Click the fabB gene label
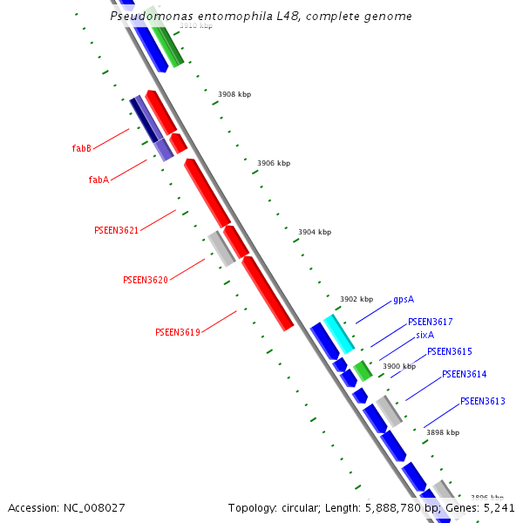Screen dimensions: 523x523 pyautogui.click(x=82, y=148)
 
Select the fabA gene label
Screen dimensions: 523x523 pyautogui.click(x=98, y=180)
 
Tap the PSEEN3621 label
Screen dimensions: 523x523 pyautogui.click(x=116, y=230)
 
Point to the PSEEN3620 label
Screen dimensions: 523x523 pyautogui.click(x=145, y=280)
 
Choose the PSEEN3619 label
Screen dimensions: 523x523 pyautogui.click(x=177, y=332)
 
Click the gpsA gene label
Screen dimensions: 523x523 pyautogui.click(x=403, y=299)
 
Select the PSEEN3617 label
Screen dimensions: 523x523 pyautogui.click(x=430, y=322)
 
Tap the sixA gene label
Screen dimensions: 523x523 pyautogui.click(x=425, y=335)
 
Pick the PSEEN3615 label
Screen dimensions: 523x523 pyautogui.click(x=449, y=351)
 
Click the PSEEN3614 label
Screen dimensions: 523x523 pyautogui.click(x=464, y=374)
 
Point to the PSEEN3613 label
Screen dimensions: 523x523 pyautogui.click(x=482, y=401)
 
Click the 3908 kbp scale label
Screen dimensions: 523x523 pyautogui.click(x=234, y=94)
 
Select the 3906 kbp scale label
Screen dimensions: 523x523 pyautogui.click(x=274, y=163)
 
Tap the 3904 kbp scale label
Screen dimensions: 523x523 pyautogui.click(x=315, y=232)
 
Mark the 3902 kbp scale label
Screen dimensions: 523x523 pyautogui.click(x=356, y=299)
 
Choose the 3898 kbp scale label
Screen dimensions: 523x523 pyautogui.click(x=442, y=432)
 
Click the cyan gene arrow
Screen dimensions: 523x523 pyautogui.click(x=338, y=333)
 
